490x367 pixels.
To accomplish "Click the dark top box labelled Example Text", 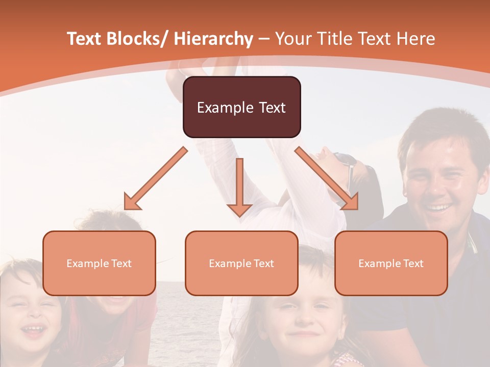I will pyautogui.click(x=241, y=107).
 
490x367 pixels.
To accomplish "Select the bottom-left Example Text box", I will pyautogui.click(x=99, y=263).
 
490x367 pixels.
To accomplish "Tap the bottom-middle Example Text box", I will pyautogui.click(x=241, y=263).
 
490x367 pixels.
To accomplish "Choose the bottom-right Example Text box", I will pyautogui.click(x=391, y=263).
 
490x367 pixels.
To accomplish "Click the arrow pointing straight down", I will pyautogui.click(x=239, y=187).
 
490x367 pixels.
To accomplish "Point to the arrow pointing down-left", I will pyautogui.click(x=156, y=178).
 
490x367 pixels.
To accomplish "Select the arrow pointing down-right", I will pyautogui.click(x=327, y=178).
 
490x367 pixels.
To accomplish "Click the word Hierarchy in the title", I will pyautogui.click(x=213, y=39).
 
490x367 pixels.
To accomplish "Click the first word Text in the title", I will pyautogui.click(x=85, y=39).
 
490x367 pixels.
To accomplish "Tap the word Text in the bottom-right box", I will pyautogui.click(x=412, y=264).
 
